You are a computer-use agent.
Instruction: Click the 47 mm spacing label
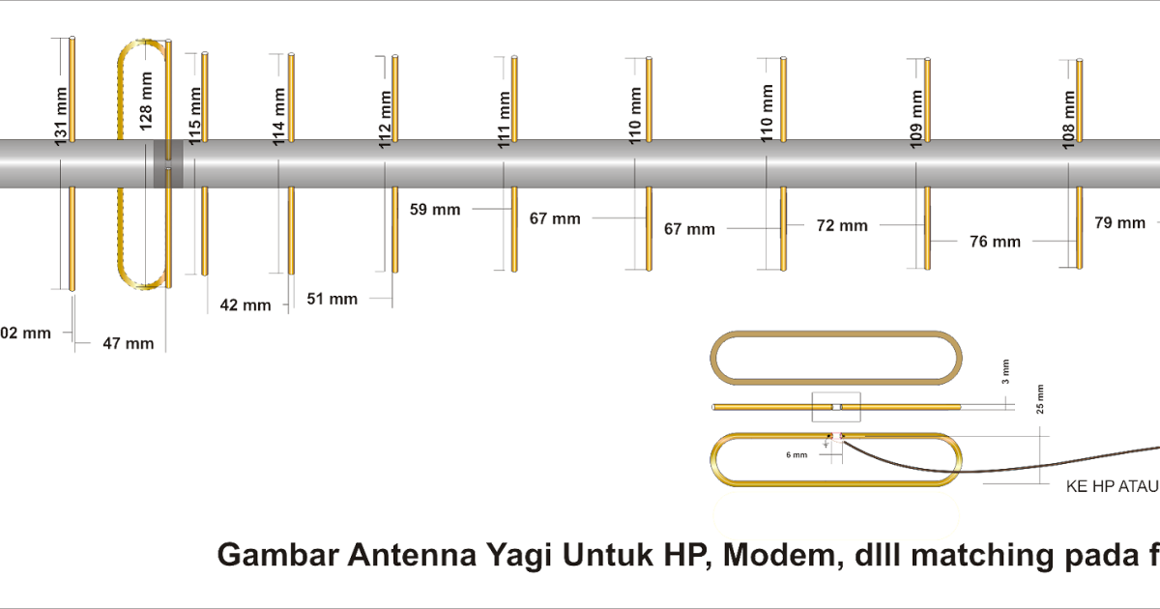[129, 343]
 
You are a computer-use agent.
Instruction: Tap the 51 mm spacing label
[332, 300]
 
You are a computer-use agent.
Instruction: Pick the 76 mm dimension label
[994, 243]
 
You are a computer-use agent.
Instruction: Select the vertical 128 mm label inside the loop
[145, 101]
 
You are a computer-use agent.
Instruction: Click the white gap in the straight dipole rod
[837, 407]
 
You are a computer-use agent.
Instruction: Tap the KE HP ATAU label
[1112, 488]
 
